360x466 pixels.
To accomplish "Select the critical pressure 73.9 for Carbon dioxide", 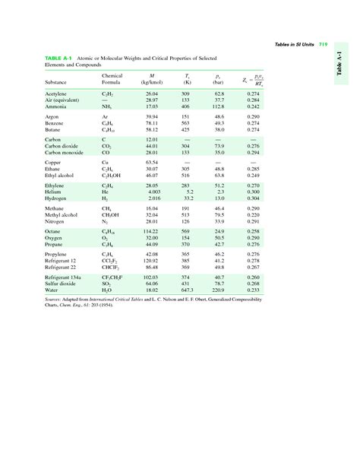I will click(219, 146).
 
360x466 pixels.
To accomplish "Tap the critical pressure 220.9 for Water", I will click(219, 291).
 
